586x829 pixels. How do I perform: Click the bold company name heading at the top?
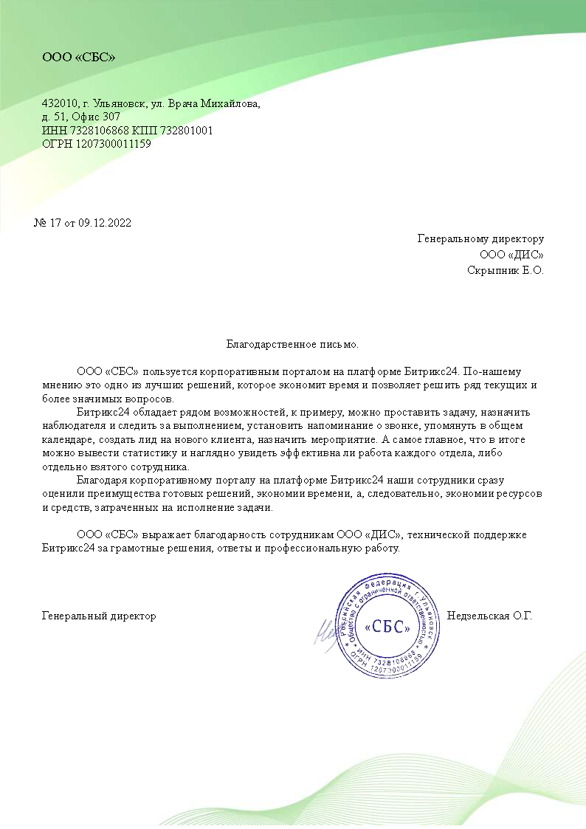pos(79,57)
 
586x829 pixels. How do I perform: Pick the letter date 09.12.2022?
pos(105,223)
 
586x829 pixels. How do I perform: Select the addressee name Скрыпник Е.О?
pos(506,270)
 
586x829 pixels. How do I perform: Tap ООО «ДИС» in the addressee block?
pos(511,255)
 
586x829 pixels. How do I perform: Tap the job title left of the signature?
pos(99,616)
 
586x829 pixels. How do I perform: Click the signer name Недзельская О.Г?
pos(489,616)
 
